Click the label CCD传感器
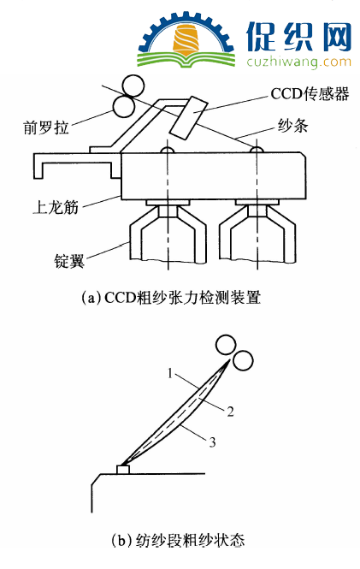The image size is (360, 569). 310,93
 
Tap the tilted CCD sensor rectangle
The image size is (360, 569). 189,118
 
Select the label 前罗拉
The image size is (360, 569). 45,127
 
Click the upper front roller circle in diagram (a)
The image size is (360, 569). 133,86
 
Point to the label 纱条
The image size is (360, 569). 292,125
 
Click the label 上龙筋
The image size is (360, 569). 56,207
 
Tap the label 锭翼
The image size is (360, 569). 69,261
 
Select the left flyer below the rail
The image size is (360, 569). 168,231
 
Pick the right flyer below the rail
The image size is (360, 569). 257,231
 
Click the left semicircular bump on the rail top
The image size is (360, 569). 168,151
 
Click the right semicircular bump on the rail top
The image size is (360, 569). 257,151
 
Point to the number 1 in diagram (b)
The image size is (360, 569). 170,373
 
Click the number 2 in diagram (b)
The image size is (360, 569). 230,412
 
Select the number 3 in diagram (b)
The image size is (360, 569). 212,442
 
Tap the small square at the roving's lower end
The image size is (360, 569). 123,470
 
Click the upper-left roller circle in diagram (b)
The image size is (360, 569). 226,346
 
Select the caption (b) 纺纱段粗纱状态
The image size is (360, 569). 177,540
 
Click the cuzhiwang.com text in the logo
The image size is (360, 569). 298,62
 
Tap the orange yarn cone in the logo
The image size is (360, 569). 186,40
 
